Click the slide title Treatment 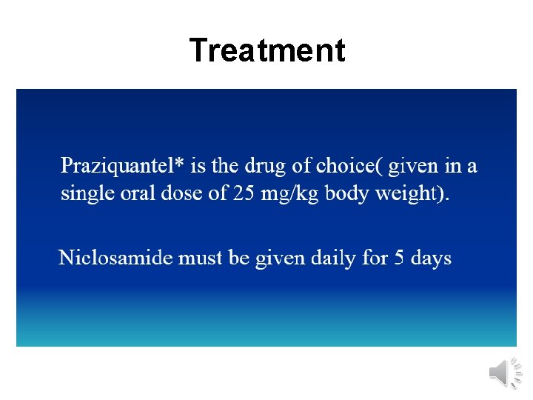pos(266,50)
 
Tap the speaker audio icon pos(506,373)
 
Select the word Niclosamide pos(115,258)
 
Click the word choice pos(346,165)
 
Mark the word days pos(431,259)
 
